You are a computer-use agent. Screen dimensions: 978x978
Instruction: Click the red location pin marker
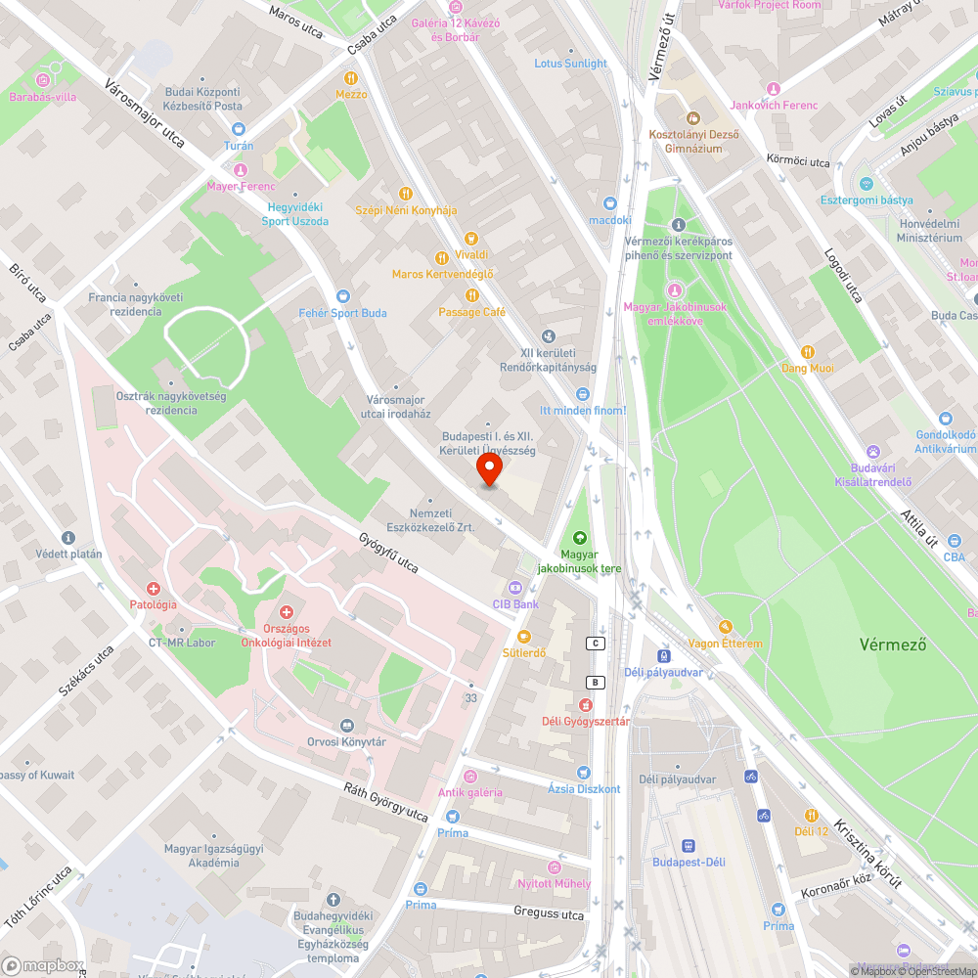(x=489, y=471)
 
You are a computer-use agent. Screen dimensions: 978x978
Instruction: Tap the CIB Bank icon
(x=514, y=588)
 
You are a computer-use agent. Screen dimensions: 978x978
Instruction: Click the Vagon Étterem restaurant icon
(x=725, y=627)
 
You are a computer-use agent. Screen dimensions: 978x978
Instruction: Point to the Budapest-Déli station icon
(x=689, y=845)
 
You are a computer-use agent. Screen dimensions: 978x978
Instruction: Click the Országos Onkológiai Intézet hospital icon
(x=286, y=611)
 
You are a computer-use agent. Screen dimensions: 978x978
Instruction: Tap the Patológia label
(x=154, y=604)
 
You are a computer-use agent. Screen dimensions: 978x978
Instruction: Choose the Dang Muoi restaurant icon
(x=808, y=352)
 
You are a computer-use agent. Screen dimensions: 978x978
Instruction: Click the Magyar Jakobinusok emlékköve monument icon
(x=675, y=290)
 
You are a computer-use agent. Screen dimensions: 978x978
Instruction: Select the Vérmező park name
(x=893, y=645)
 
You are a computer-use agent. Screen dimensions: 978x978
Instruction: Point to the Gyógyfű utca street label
(x=389, y=553)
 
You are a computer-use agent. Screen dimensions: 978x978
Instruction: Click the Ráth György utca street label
(x=385, y=801)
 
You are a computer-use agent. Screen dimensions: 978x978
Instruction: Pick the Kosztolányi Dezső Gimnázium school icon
(x=686, y=117)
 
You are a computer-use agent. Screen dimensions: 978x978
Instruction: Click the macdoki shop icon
(x=610, y=203)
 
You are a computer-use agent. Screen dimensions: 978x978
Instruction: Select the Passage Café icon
(x=471, y=294)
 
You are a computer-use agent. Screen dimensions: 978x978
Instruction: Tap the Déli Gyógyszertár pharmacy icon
(x=585, y=705)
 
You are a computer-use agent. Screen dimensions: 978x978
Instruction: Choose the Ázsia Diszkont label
(x=584, y=789)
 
